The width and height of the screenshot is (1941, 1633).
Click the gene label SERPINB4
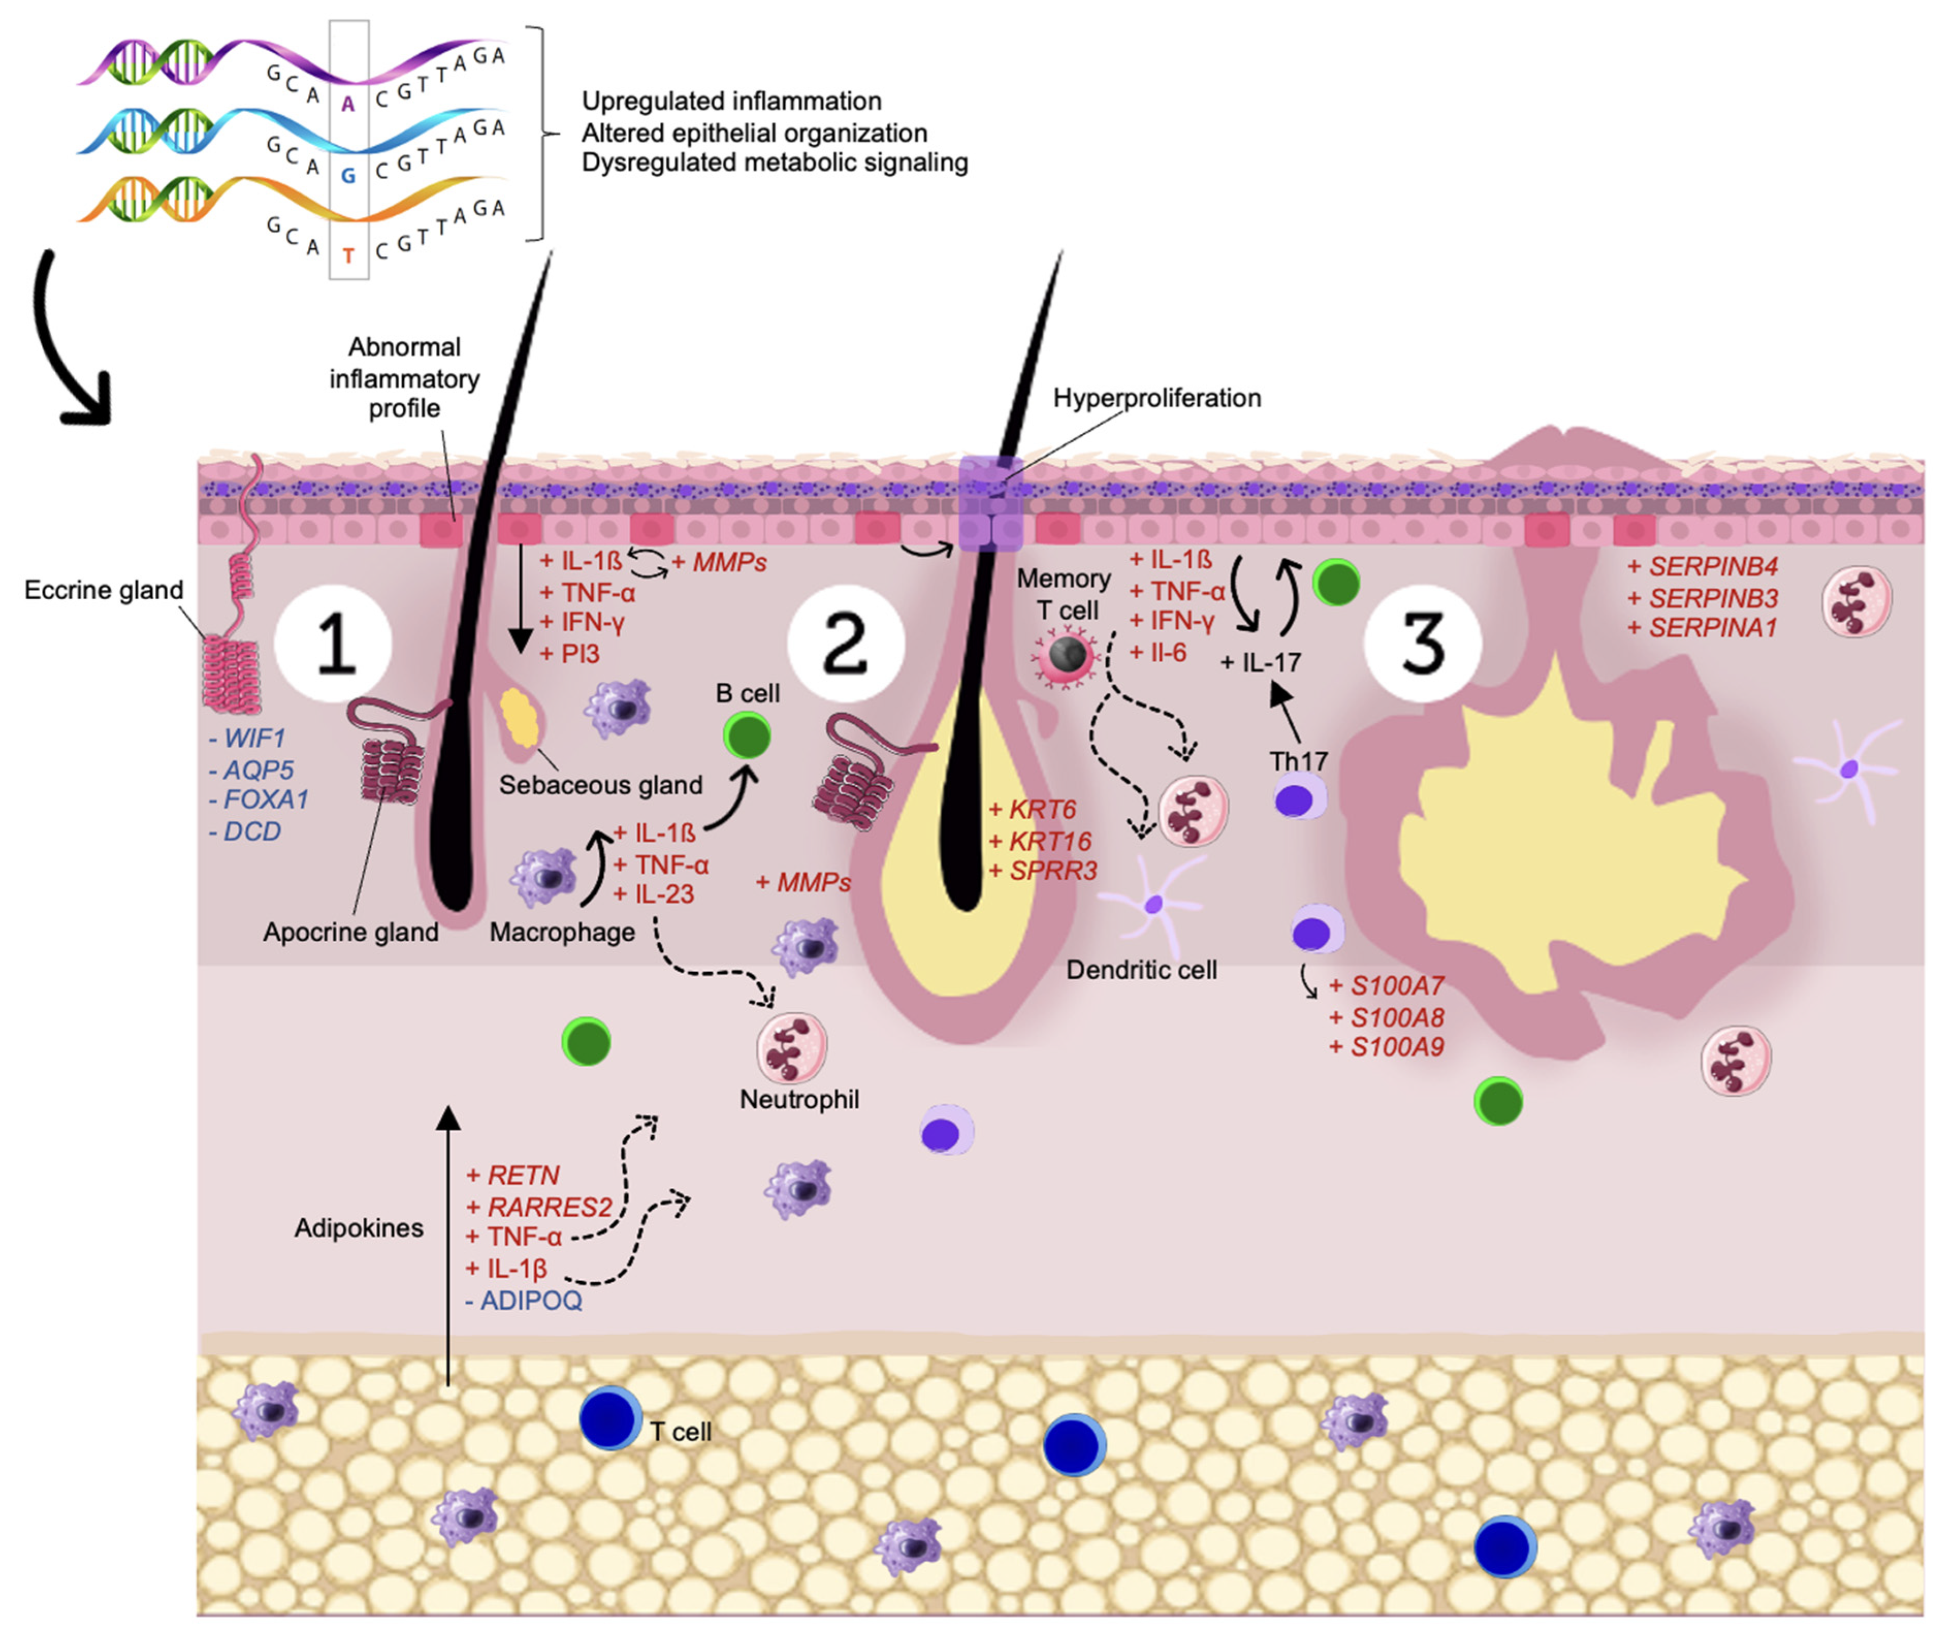pos(1703,567)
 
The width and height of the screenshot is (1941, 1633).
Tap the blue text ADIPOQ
pos(524,1301)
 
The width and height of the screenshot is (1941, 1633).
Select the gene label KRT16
pos(1041,840)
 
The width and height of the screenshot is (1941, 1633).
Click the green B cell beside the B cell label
pos(747,737)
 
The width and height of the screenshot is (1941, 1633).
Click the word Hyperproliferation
pos(1157,398)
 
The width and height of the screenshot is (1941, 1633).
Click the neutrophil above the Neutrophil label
pos(791,1047)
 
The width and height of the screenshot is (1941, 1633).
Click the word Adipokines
pos(359,1228)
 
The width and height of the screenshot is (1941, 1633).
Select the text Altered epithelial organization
pos(754,133)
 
